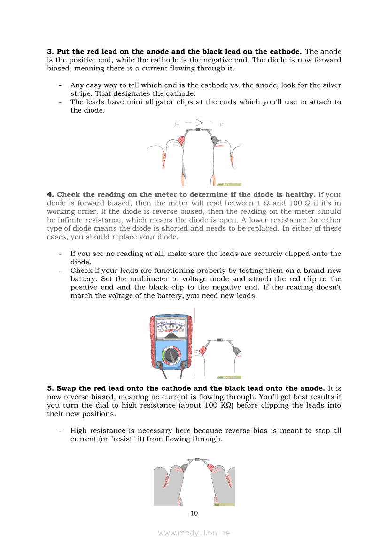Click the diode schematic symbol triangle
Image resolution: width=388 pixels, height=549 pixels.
click(199, 123)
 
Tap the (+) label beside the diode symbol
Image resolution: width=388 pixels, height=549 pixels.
click(177, 124)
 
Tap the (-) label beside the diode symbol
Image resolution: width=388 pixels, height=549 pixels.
click(221, 124)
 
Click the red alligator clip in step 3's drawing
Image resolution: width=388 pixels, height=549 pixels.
click(182, 139)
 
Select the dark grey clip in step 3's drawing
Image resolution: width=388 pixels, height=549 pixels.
click(215, 140)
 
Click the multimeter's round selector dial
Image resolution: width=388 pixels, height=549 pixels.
click(171, 356)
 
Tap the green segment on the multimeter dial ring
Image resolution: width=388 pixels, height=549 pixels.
click(163, 356)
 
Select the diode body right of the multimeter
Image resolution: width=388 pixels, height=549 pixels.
click(220, 340)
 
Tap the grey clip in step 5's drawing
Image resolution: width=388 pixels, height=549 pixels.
click(184, 467)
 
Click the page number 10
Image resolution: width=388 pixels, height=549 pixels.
click(194, 513)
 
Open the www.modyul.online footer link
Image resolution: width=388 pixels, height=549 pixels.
click(194, 533)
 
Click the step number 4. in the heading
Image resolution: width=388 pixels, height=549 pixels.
click(50, 195)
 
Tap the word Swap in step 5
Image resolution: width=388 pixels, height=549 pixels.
click(67, 389)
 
